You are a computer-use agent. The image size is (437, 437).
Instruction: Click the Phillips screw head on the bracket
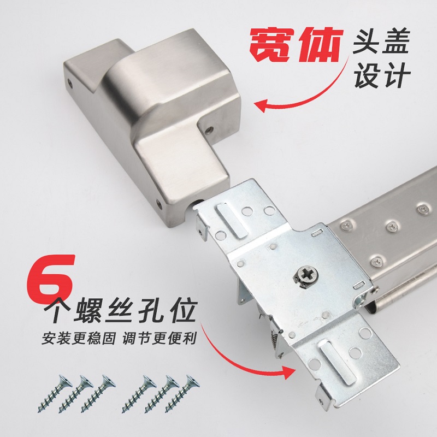pyautogui.click(x=306, y=276)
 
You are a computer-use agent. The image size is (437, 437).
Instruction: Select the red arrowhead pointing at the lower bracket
pyautogui.click(x=288, y=372)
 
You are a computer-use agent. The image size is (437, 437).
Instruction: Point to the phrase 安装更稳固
pyautogui.click(x=79, y=338)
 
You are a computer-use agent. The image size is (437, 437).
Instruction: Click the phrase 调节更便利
pyautogui.click(x=159, y=338)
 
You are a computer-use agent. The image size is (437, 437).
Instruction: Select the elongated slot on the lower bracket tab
pyautogui.click(x=338, y=362)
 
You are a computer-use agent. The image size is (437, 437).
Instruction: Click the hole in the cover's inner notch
pyautogui.click(x=209, y=130)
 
